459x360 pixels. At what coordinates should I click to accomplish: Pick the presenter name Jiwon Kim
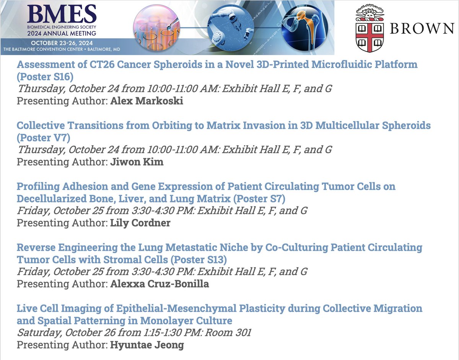tap(137, 162)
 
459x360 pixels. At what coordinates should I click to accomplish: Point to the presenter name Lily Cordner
tap(140, 223)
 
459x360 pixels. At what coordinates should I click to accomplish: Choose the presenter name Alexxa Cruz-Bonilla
tap(160, 284)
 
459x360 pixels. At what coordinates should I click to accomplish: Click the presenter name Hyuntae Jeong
tap(147, 345)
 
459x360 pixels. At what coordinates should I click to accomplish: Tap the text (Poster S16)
tap(45, 76)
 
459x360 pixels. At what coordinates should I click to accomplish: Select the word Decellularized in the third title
tap(52, 198)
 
